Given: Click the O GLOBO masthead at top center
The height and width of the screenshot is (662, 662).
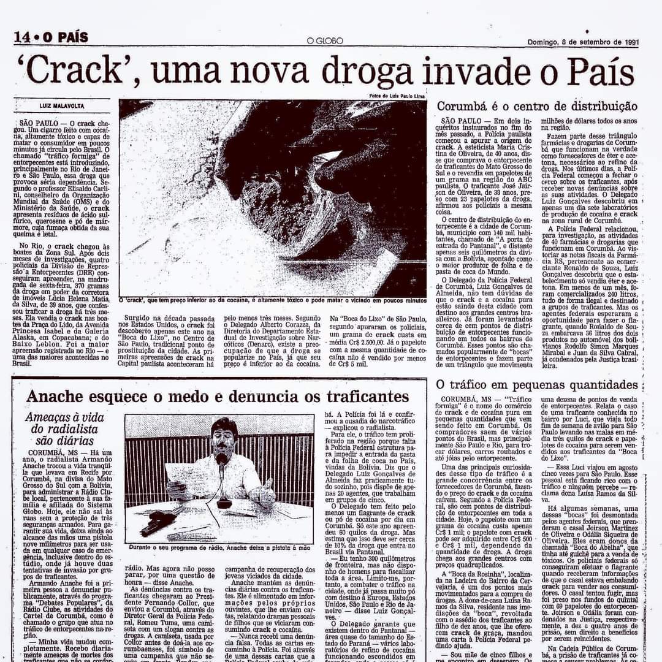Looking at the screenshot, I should click(325, 41).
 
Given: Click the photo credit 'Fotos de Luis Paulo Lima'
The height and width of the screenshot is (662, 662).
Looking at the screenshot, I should click(397, 96).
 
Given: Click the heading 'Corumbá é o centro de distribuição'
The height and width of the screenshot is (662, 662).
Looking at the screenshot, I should click(537, 106).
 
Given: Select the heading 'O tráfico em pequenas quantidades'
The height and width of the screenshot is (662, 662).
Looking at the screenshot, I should click(537, 385).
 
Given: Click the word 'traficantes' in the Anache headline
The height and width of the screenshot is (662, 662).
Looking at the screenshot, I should click(356, 396).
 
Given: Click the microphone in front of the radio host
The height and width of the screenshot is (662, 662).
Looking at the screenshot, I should click(222, 460).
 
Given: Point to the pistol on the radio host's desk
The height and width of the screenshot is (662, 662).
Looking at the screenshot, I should click(158, 522).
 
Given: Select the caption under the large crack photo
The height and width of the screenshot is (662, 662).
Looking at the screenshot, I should click(273, 301).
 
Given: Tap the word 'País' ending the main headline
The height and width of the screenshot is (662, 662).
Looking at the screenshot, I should click(599, 72).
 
